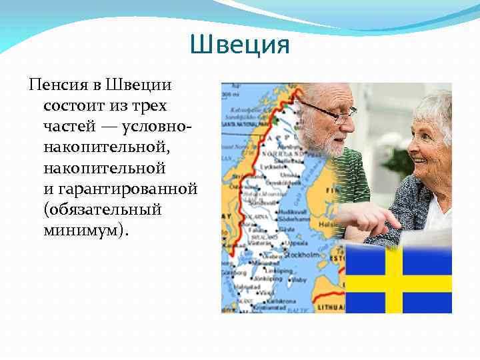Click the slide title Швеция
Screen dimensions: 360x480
tap(239, 45)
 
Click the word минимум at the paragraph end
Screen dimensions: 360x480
tap(80, 230)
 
